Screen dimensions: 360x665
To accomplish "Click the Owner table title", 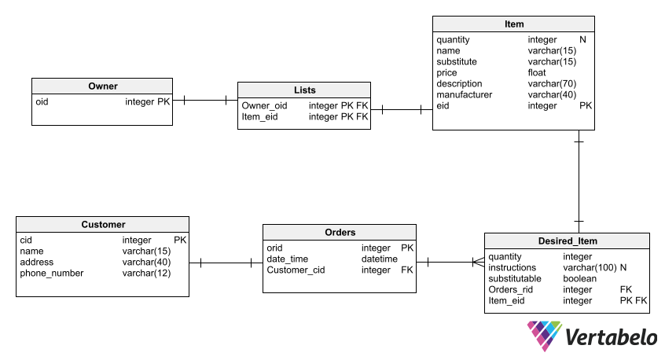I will pyautogui.click(x=102, y=86).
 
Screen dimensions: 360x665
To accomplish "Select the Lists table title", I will pyautogui.click(x=304, y=90).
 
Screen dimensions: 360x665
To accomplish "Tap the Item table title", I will pyautogui.click(x=513, y=24).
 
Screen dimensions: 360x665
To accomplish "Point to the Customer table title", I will pyautogui.click(x=103, y=224).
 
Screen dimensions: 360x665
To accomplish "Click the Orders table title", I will pyautogui.click(x=340, y=232).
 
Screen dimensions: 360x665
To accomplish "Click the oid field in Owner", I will pyautogui.click(x=42, y=101).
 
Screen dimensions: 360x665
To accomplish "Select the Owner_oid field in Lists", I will pyautogui.click(x=264, y=105).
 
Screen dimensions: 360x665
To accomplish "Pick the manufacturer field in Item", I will pyautogui.click(x=464, y=94).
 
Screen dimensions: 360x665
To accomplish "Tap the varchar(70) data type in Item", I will pyautogui.click(x=552, y=83).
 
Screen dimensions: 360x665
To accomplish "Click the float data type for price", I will pyautogui.click(x=537, y=72).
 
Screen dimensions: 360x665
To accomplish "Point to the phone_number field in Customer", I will pyautogui.click(x=51, y=273).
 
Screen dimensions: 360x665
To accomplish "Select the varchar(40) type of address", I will pyautogui.click(x=146, y=262).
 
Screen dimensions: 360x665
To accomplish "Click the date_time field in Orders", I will pyautogui.click(x=288, y=259).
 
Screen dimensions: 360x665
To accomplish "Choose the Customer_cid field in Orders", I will pyautogui.click(x=296, y=270).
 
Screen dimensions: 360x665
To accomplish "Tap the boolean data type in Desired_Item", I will pyautogui.click(x=580, y=278).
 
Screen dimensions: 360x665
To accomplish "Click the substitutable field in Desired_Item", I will pyautogui.click(x=514, y=278).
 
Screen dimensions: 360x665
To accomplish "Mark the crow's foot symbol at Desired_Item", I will pyautogui.click(x=478, y=263).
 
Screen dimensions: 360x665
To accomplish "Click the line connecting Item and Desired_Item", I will pyautogui.click(x=579, y=181).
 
